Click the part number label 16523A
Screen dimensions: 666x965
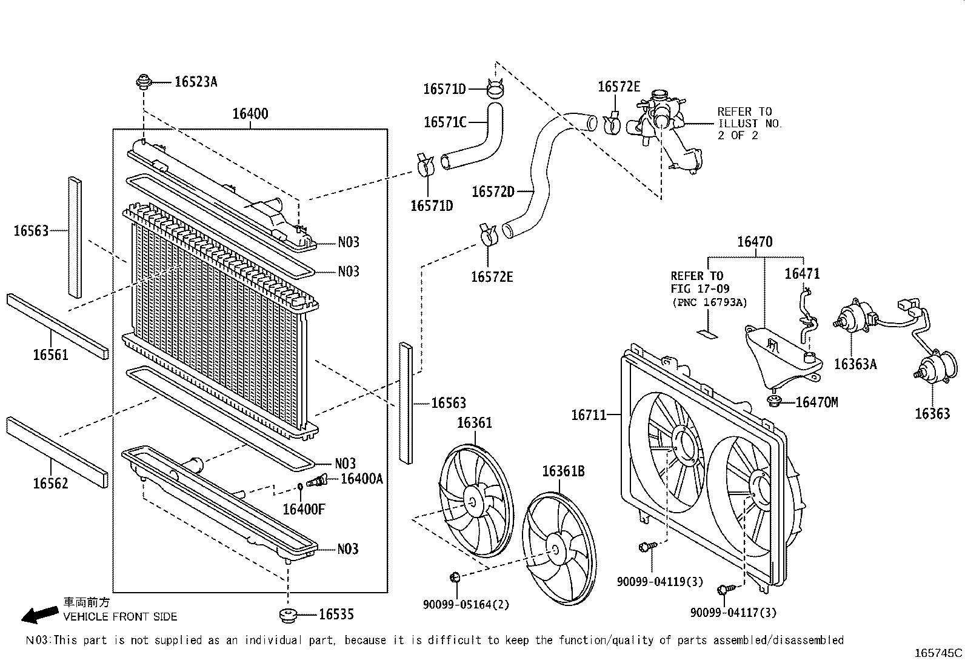(195, 82)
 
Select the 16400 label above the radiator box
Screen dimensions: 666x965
(250, 114)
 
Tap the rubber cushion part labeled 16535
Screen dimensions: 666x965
(289, 615)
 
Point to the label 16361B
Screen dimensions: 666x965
(563, 471)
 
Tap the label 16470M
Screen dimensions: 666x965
(816, 402)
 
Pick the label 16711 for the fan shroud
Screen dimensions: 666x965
(589, 415)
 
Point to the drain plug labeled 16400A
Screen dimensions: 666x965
(318, 481)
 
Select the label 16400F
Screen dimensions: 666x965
(304, 509)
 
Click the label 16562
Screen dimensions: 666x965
(50, 483)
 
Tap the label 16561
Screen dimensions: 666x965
(50, 355)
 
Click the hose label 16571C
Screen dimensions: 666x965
(444, 122)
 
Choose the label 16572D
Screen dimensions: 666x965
(493, 192)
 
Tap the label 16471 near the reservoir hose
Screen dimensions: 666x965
(802, 273)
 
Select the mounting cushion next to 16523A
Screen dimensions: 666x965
(144, 81)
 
